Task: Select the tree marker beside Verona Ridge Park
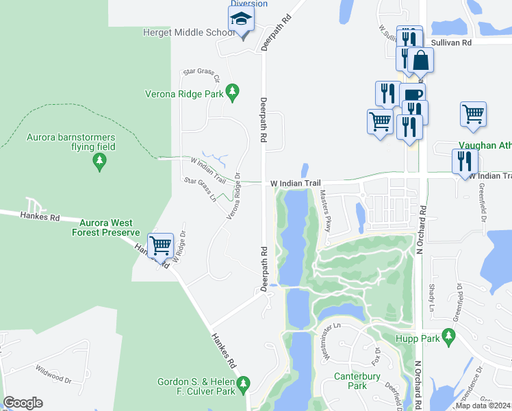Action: coord(233,91)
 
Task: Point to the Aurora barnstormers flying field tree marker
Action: coord(100,162)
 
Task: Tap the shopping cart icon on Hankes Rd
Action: coord(160,245)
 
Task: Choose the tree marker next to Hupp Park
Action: coord(449,336)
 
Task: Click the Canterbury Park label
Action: coord(360,381)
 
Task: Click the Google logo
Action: coord(23,403)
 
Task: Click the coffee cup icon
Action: coord(413,96)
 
